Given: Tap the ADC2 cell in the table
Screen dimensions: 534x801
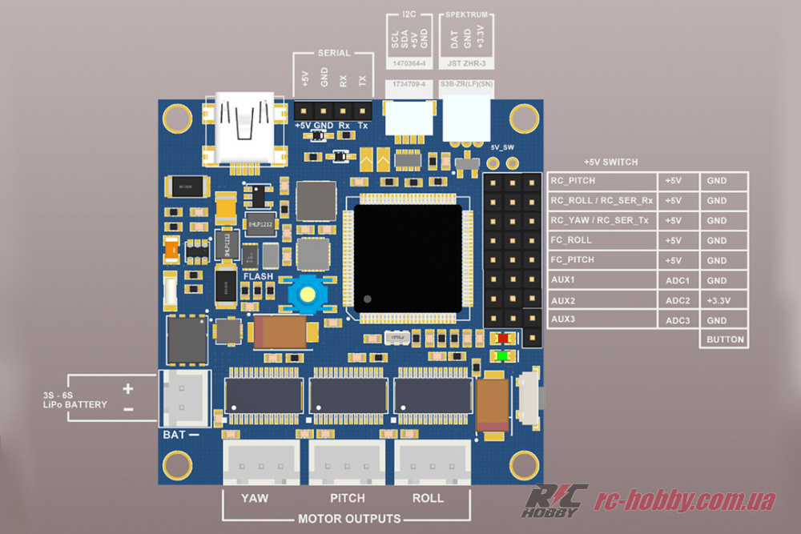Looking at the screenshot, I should (678, 300).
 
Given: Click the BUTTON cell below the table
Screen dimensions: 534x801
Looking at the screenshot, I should (725, 339).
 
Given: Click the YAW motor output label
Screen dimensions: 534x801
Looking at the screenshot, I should (254, 498).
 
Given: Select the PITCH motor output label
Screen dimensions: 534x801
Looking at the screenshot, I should (347, 498).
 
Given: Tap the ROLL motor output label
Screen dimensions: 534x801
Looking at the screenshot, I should (428, 498).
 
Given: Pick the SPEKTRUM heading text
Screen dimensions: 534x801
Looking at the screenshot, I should (466, 15).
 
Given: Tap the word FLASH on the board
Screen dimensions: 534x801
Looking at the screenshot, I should (258, 277).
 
